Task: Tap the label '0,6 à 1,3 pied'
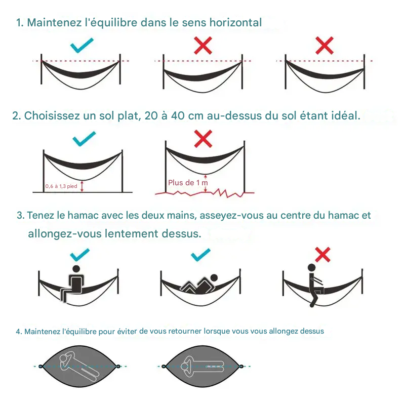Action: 61,186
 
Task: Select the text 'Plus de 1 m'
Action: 188,183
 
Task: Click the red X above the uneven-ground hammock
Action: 203,138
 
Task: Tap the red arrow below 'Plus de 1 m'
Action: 205,189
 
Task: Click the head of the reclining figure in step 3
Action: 214,278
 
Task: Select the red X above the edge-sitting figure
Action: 322,255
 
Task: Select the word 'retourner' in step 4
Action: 185,332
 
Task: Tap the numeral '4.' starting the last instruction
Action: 19,332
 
